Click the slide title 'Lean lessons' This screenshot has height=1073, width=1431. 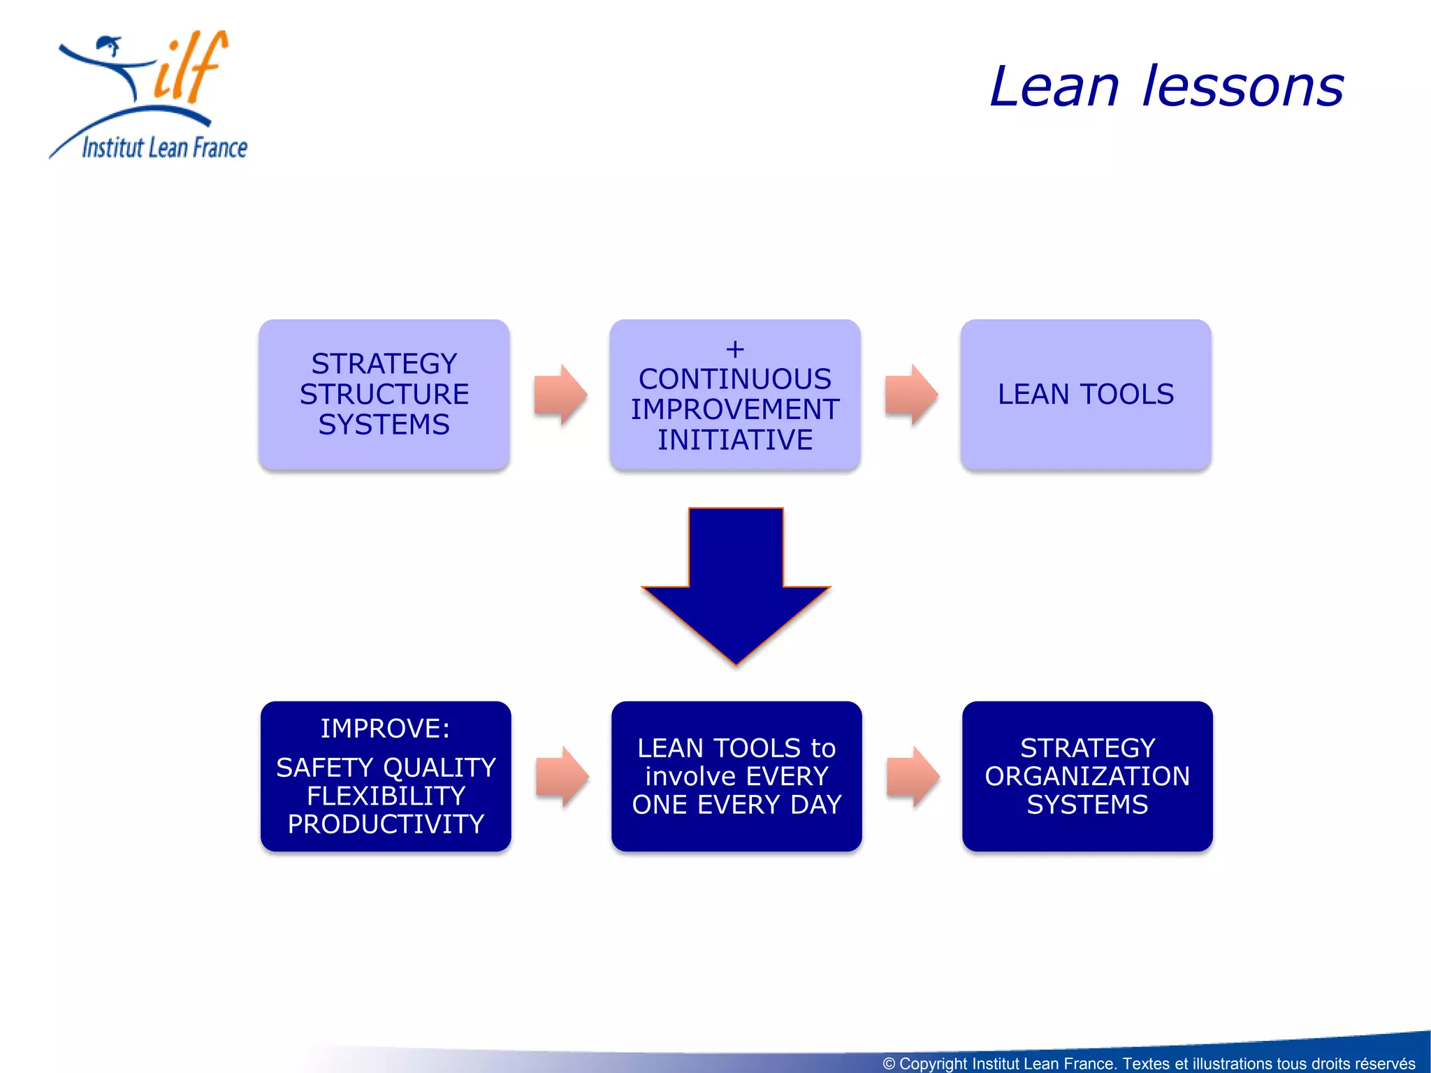click(1165, 87)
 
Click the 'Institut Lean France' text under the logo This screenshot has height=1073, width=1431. click(164, 147)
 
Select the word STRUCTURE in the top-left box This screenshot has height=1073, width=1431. click(384, 394)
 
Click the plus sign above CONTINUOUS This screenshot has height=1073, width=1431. click(734, 349)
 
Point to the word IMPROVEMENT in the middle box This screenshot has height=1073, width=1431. click(735, 409)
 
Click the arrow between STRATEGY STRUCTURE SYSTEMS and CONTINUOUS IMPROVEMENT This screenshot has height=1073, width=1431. click(560, 395)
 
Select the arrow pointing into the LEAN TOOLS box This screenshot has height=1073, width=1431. click(910, 395)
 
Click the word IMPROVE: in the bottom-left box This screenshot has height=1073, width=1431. click(385, 729)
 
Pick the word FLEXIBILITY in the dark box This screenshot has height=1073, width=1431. click(386, 796)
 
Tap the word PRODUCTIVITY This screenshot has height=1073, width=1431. click(386, 824)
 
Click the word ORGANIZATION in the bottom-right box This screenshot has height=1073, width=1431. click(1087, 776)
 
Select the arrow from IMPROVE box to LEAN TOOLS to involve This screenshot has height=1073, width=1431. click(562, 777)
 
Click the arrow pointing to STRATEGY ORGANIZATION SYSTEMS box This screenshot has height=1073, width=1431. click(913, 777)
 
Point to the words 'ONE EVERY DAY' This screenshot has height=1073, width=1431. click(736, 805)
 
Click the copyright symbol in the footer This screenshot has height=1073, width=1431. click(889, 1063)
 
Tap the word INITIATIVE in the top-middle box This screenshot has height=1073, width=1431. click(735, 440)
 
